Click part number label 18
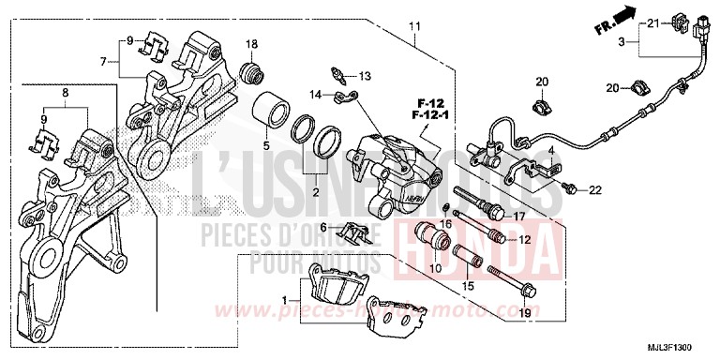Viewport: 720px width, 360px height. (x=251, y=45)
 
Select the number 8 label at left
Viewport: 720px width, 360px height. (x=65, y=94)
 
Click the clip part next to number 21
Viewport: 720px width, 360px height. (x=675, y=23)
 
